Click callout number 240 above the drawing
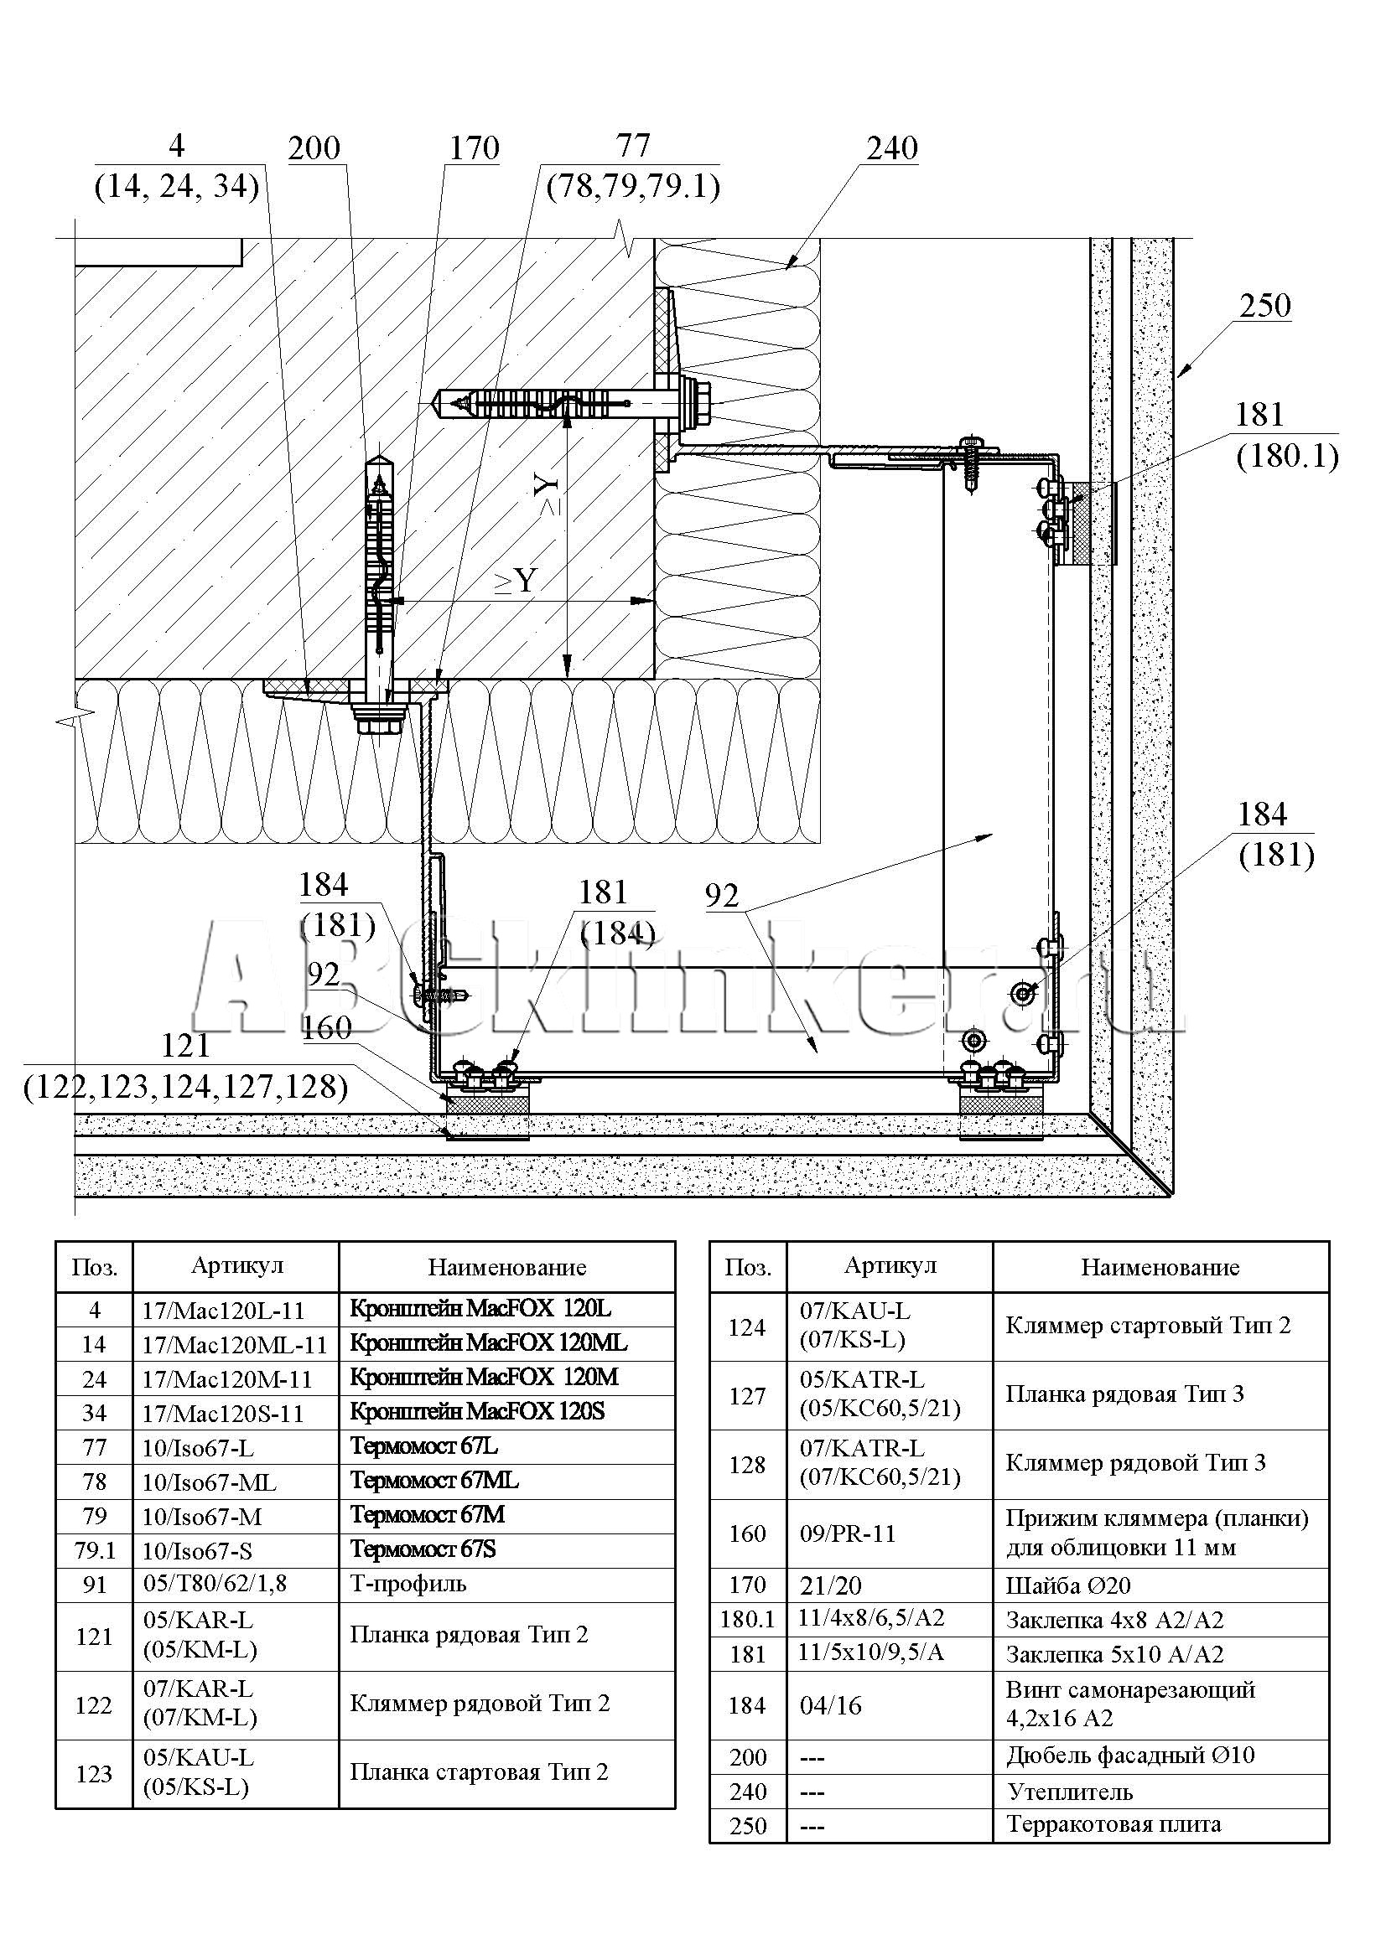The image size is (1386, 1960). coord(892,148)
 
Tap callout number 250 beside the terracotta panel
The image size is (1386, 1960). coord(1264,306)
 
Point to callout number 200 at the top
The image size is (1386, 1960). coord(314,148)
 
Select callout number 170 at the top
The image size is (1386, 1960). coord(474,148)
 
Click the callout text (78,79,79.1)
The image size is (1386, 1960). coord(634,185)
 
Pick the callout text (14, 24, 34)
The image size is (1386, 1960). coord(177,185)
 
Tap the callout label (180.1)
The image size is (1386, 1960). coord(1287,457)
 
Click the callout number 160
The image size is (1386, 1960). coord(326,1029)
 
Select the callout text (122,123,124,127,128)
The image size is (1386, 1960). coord(186,1087)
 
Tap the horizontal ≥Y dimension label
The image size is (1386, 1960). coord(516,582)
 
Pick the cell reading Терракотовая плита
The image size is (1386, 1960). coord(1113,1824)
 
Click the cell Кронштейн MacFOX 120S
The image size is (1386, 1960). coord(477,1412)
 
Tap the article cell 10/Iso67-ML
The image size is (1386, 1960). coord(210,1483)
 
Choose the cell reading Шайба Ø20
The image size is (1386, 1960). coord(1067,1586)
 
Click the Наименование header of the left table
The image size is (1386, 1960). coord(506,1267)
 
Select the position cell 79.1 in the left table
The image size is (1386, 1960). coord(95,1550)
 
